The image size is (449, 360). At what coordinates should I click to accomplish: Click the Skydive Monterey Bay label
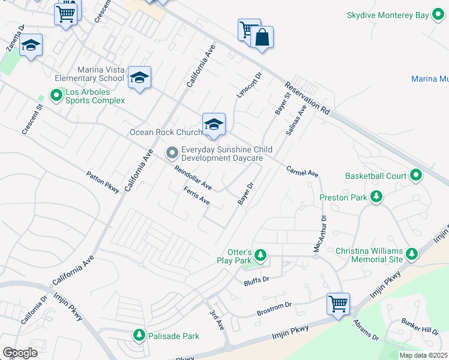(x=388, y=15)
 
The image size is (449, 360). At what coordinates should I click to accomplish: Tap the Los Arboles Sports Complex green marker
(x=56, y=95)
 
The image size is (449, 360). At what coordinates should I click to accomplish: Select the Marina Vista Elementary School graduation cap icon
(x=139, y=78)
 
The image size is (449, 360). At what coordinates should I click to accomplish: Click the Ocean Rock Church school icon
(x=214, y=125)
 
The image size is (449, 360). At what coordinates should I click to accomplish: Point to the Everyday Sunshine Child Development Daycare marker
(x=172, y=153)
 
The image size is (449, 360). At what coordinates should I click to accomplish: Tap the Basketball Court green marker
(x=415, y=176)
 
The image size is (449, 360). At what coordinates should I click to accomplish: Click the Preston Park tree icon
(x=376, y=196)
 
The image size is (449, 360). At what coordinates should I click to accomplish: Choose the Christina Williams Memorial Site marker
(x=412, y=255)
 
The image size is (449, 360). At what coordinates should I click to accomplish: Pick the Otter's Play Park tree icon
(x=260, y=256)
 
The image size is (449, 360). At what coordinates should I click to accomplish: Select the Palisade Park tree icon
(x=139, y=335)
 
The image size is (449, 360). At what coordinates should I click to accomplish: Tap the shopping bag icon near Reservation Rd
(x=262, y=38)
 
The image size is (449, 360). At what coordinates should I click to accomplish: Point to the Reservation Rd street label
(x=308, y=98)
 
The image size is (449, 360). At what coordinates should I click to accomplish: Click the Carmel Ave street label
(x=302, y=172)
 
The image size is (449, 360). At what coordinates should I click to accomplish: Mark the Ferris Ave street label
(x=196, y=196)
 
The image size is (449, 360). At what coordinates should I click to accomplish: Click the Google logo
(x=20, y=352)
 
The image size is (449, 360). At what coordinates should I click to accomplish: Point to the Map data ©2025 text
(x=423, y=355)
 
